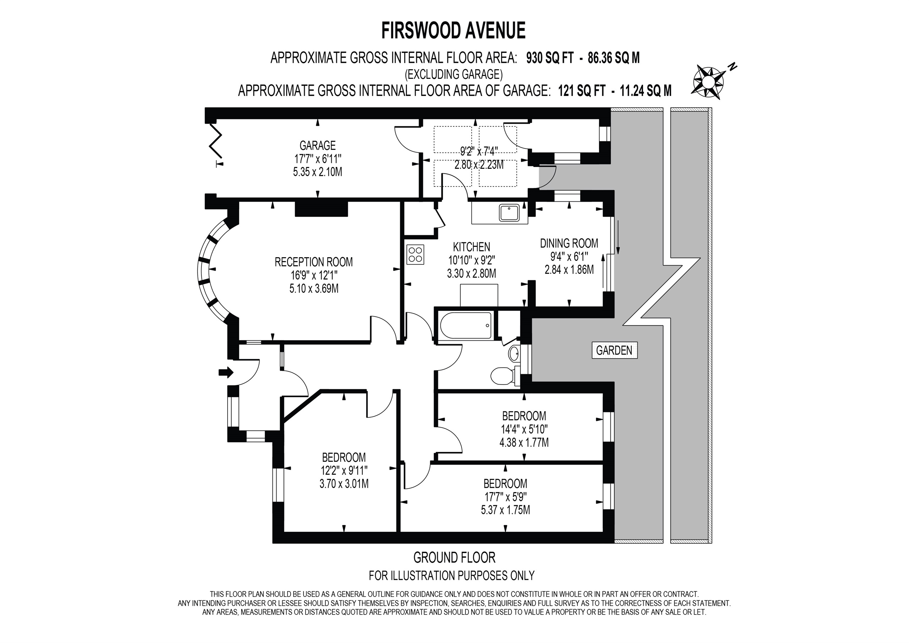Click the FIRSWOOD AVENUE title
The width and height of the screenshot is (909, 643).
tap(453, 31)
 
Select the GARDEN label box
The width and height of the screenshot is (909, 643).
tap(614, 350)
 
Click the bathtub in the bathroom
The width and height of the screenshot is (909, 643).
tap(466, 325)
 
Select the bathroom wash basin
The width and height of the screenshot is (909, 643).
tap(514, 353)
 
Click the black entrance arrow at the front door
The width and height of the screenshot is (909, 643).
tap(226, 372)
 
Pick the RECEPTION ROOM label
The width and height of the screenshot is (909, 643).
tap(314, 262)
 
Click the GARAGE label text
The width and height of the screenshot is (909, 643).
tap(317, 145)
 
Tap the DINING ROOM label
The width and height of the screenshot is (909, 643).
tap(569, 243)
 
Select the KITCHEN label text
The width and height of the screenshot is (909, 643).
tap(472, 247)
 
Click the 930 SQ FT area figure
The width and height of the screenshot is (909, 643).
tap(550, 58)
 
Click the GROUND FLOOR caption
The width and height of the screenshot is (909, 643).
tap(454, 557)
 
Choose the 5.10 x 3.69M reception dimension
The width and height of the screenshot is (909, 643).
tap(314, 288)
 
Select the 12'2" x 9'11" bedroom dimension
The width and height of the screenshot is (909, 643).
tap(344, 471)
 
